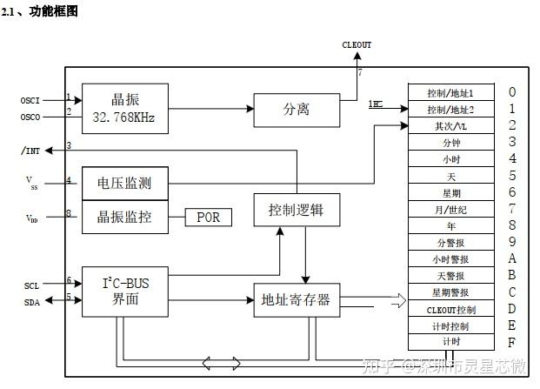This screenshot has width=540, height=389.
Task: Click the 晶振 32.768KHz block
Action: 125,107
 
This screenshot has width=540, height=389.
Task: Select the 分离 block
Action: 296,110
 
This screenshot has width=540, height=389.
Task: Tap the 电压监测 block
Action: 125,183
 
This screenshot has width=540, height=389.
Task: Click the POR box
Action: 208,217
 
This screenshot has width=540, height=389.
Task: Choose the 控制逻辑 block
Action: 296,210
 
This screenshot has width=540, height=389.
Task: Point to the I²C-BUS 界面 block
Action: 125,291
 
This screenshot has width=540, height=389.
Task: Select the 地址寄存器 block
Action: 296,300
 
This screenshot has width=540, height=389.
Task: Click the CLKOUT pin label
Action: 357,44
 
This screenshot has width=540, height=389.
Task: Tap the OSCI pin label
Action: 30,100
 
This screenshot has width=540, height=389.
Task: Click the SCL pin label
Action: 31,285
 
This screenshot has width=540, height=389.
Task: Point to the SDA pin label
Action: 31,301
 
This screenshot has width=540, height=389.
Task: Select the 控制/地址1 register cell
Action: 450,92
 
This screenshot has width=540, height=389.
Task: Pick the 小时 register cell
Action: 450,158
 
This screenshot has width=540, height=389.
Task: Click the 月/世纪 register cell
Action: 450,209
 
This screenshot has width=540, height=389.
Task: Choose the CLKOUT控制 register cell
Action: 450,309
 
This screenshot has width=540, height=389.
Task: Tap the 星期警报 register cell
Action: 450,292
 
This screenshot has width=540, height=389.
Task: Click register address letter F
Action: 512,342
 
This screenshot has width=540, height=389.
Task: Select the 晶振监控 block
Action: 125,217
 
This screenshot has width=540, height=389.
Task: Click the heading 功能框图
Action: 54,10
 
